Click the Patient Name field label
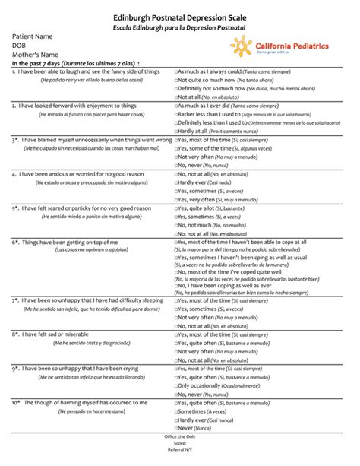(32, 36)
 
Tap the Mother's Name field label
(35, 55)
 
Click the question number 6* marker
(15, 242)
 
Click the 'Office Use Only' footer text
(180, 437)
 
